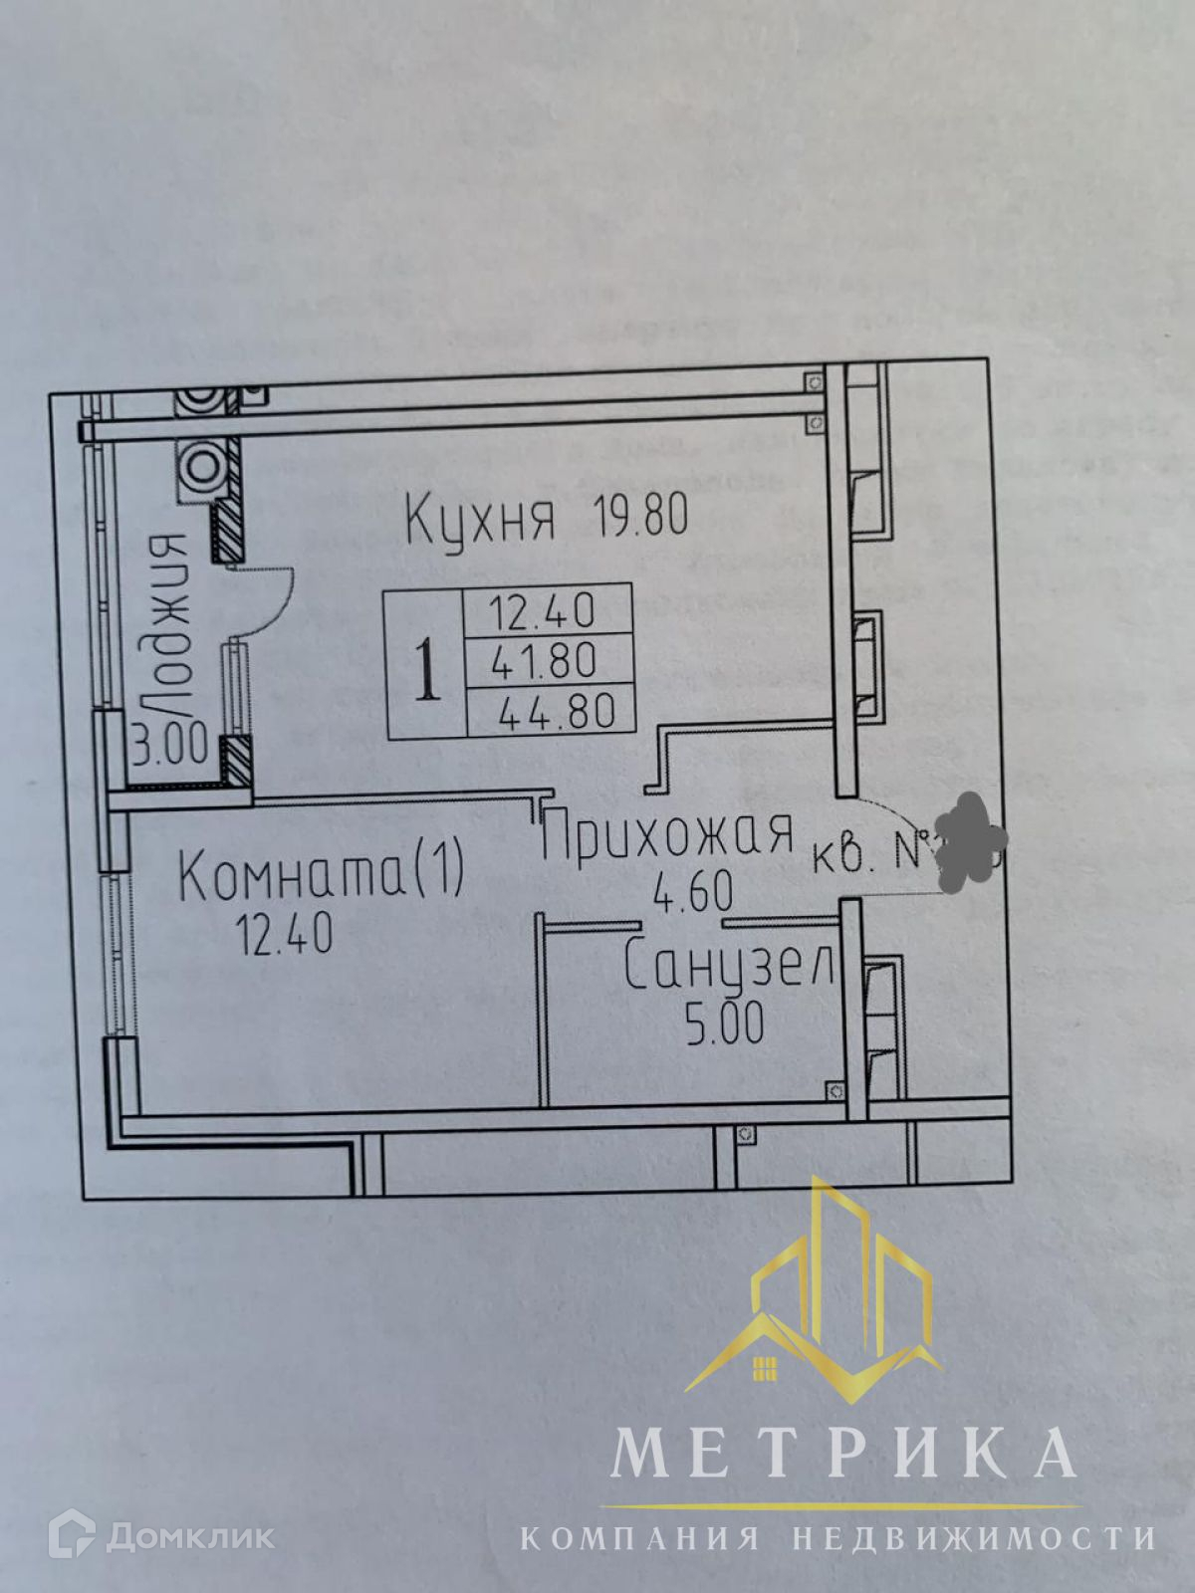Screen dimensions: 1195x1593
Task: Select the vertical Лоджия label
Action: tap(167, 625)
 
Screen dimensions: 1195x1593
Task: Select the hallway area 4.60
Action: tap(692, 890)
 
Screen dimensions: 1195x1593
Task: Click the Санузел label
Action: tap(729, 966)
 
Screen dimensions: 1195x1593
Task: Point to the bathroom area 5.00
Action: tap(724, 1023)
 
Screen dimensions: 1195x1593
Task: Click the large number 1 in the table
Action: tap(426, 670)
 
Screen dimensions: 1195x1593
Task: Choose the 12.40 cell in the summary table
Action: tap(543, 610)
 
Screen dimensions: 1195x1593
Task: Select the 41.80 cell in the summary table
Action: tap(544, 660)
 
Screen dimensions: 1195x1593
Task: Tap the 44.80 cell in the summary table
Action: tap(556, 711)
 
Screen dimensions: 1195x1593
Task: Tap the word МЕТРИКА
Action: tap(842, 1451)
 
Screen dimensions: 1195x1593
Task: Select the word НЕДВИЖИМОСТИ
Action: tap(974, 1537)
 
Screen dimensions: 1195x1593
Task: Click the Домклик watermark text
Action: tap(190, 1536)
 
